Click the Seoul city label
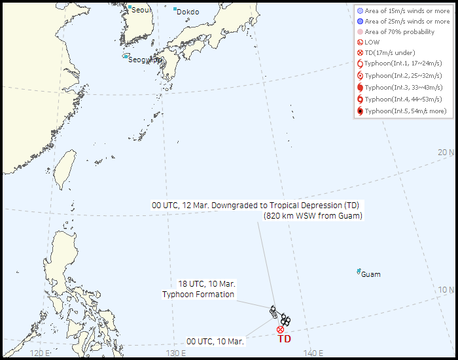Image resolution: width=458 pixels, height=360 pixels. tap(141, 10)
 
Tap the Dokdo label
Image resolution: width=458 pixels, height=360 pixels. tap(187, 12)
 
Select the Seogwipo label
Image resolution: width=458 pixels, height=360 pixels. tap(145, 60)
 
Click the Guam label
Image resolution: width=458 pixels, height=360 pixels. tap(370, 274)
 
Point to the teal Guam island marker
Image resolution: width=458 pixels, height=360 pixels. tap(359, 271)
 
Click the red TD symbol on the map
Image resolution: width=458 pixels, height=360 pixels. tap(281, 329)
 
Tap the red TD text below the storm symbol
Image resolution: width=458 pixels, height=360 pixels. tap(285, 339)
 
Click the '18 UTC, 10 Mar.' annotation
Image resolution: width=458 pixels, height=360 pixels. tap(207, 284)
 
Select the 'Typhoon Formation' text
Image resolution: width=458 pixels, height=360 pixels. tap(198, 295)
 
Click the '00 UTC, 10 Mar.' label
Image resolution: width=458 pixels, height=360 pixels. tap(215, 341)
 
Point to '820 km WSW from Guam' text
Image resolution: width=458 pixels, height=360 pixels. tap(313, 216)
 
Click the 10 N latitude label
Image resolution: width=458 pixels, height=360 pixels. tap(446, 290)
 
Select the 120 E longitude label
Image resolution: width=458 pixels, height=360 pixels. tap(41, 353)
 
